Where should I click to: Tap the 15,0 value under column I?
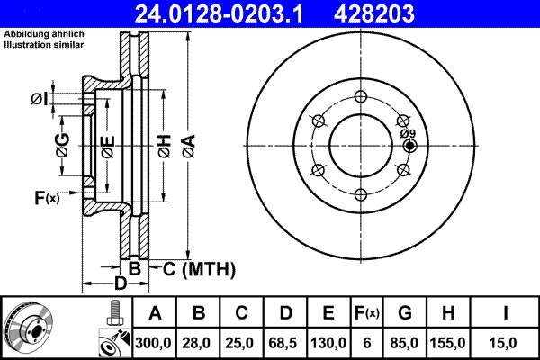click(508, 342)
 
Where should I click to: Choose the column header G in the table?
click(404, 314)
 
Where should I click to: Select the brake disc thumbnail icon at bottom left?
click(28, 327)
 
